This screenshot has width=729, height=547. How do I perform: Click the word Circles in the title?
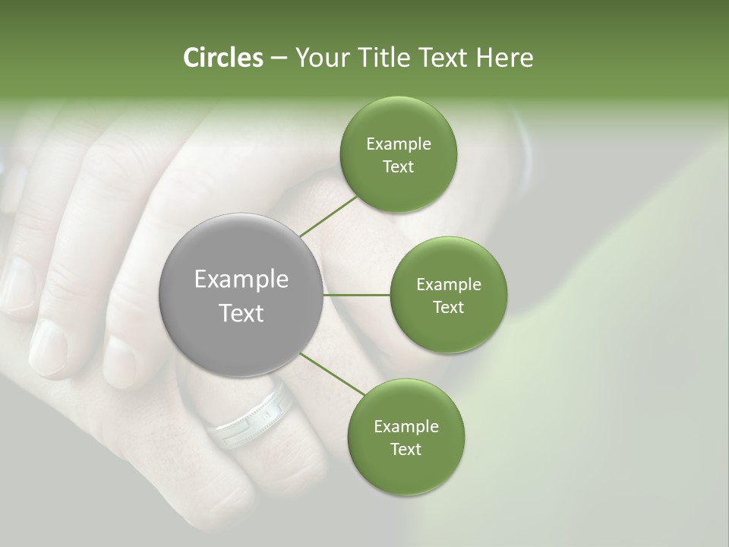tap(222, 58)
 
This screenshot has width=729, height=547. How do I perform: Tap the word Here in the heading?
tap(504, 58)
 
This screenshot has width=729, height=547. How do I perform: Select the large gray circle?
tap(241, 295)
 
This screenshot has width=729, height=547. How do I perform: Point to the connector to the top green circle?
tap(329, 216)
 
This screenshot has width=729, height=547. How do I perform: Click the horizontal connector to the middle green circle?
tap(356, 295)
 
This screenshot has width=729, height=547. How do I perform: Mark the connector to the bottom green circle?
tap(332, 373)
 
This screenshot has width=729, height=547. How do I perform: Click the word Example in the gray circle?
tap(241, 280)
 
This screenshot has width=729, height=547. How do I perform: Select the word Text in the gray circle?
tap(241, 313)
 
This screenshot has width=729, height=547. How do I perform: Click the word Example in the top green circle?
tap(398, 144)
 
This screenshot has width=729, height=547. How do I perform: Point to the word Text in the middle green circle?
tap(448, 307)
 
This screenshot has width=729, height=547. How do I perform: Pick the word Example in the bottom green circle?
tap(406, 426)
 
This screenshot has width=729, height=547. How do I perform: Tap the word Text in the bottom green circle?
tap(406, 449)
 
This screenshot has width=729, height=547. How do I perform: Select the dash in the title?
tap(279, 58)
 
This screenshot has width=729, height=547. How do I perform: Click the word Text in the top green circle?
tap(398, 166)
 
